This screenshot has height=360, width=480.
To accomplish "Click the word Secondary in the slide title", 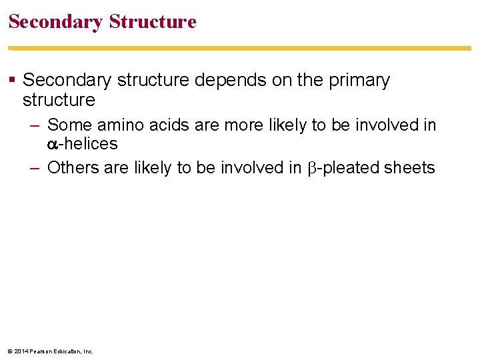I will point(55,22).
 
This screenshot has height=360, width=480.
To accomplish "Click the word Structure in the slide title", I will point(153,22).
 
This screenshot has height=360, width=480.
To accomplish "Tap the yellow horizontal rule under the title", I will point(240,48).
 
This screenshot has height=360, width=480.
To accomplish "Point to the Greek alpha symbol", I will point(53,145).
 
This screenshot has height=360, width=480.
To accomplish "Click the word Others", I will point(71,168).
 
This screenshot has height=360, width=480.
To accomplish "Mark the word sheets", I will point(409,168).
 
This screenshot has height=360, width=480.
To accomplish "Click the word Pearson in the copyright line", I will point(41,351).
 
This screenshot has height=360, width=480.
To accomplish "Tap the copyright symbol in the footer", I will point(10,351).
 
